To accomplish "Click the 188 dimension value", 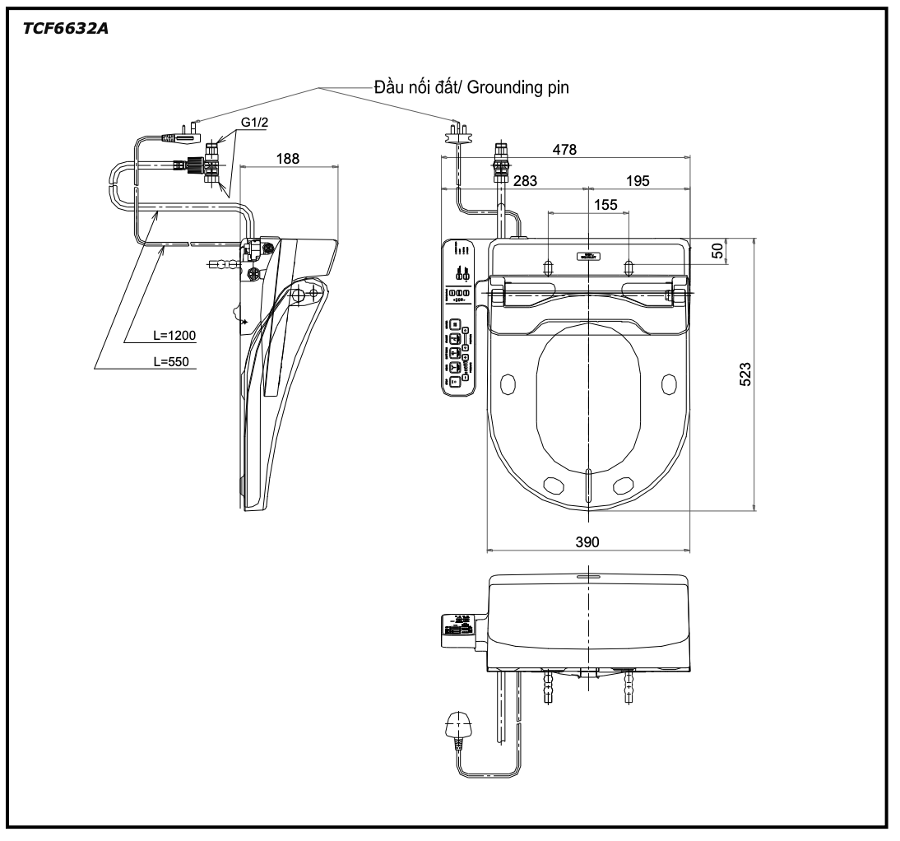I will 286,157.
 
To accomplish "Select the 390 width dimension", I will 587,541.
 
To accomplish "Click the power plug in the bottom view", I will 455,729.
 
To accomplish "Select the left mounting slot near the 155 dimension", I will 548,266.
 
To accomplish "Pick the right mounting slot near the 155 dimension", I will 629,266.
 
